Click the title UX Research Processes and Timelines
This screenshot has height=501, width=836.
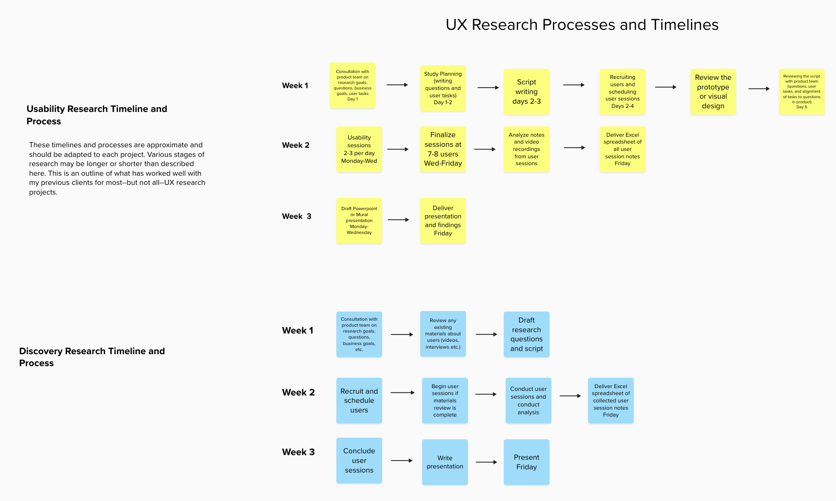[x=582, y=25]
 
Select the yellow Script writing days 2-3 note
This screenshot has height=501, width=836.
[x=526, y=92]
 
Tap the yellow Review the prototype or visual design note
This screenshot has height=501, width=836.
[x=713, y=92]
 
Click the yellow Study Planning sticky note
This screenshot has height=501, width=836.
[x=443, y=88]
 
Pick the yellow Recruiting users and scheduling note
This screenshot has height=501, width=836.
[x=622, y=92]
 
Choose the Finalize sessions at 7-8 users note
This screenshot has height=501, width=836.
[x=443, y=149]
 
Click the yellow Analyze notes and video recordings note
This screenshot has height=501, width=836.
[x=526, y=149]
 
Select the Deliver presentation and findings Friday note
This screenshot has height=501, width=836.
[x=443, y=221]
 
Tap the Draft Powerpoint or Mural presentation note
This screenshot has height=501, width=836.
[x=359, y=221]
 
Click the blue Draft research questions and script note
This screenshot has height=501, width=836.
[x=526, y=334]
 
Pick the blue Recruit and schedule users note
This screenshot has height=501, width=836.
[x=359, y=401]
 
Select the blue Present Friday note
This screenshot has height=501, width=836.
[x=526, y=462]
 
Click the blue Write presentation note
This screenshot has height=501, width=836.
[x=445, y=462]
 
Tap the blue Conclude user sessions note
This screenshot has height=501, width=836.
[x=359, y=461]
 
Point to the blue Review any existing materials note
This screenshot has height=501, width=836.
[x=443, y=334]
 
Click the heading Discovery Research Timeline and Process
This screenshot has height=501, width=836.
[x=92, y=357]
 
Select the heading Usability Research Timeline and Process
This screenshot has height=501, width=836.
[x=96, y=115]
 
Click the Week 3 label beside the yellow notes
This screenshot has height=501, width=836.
[x=296, y=216]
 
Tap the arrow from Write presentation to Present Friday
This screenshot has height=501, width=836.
[x=486, y=462]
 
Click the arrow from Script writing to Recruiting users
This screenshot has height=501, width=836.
[x=574, y=85]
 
